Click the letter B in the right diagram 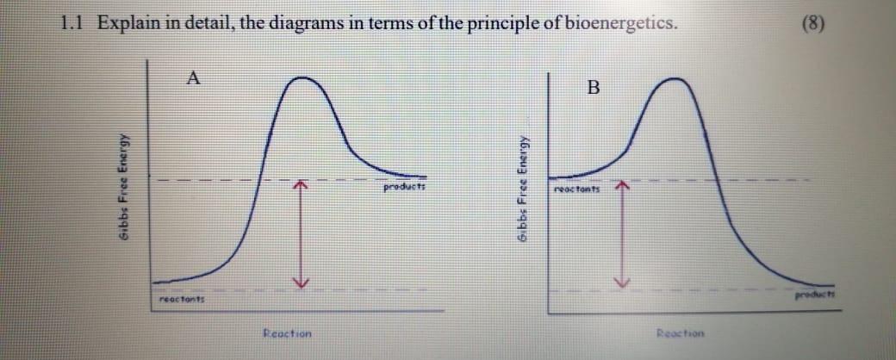click(592, 87)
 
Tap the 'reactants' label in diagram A click(180, 297)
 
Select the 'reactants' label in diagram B click(577, 186)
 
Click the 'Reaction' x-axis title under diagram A click(287, 332)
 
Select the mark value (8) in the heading click(812, 23)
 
